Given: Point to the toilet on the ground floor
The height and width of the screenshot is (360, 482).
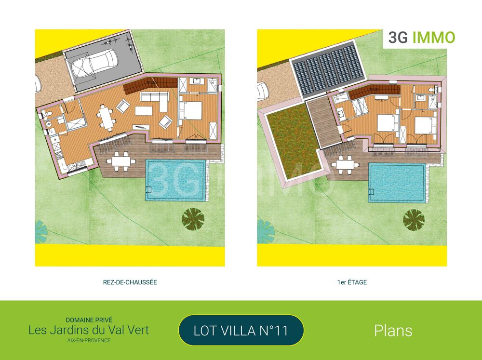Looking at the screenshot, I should point(50,114).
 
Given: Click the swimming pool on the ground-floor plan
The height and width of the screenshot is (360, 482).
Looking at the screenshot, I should point(175,179).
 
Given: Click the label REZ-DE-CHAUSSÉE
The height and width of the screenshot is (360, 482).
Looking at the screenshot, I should point(130,282).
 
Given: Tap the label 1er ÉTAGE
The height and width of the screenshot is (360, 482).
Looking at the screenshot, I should point(352,282).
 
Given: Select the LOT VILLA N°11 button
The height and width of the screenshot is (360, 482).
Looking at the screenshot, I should point(241,331).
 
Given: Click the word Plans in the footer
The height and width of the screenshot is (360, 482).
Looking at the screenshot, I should point(393,331).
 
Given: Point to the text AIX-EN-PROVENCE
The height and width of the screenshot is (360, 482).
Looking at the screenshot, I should point(89,340).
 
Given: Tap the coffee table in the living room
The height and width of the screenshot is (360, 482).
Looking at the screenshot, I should point(144,111).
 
